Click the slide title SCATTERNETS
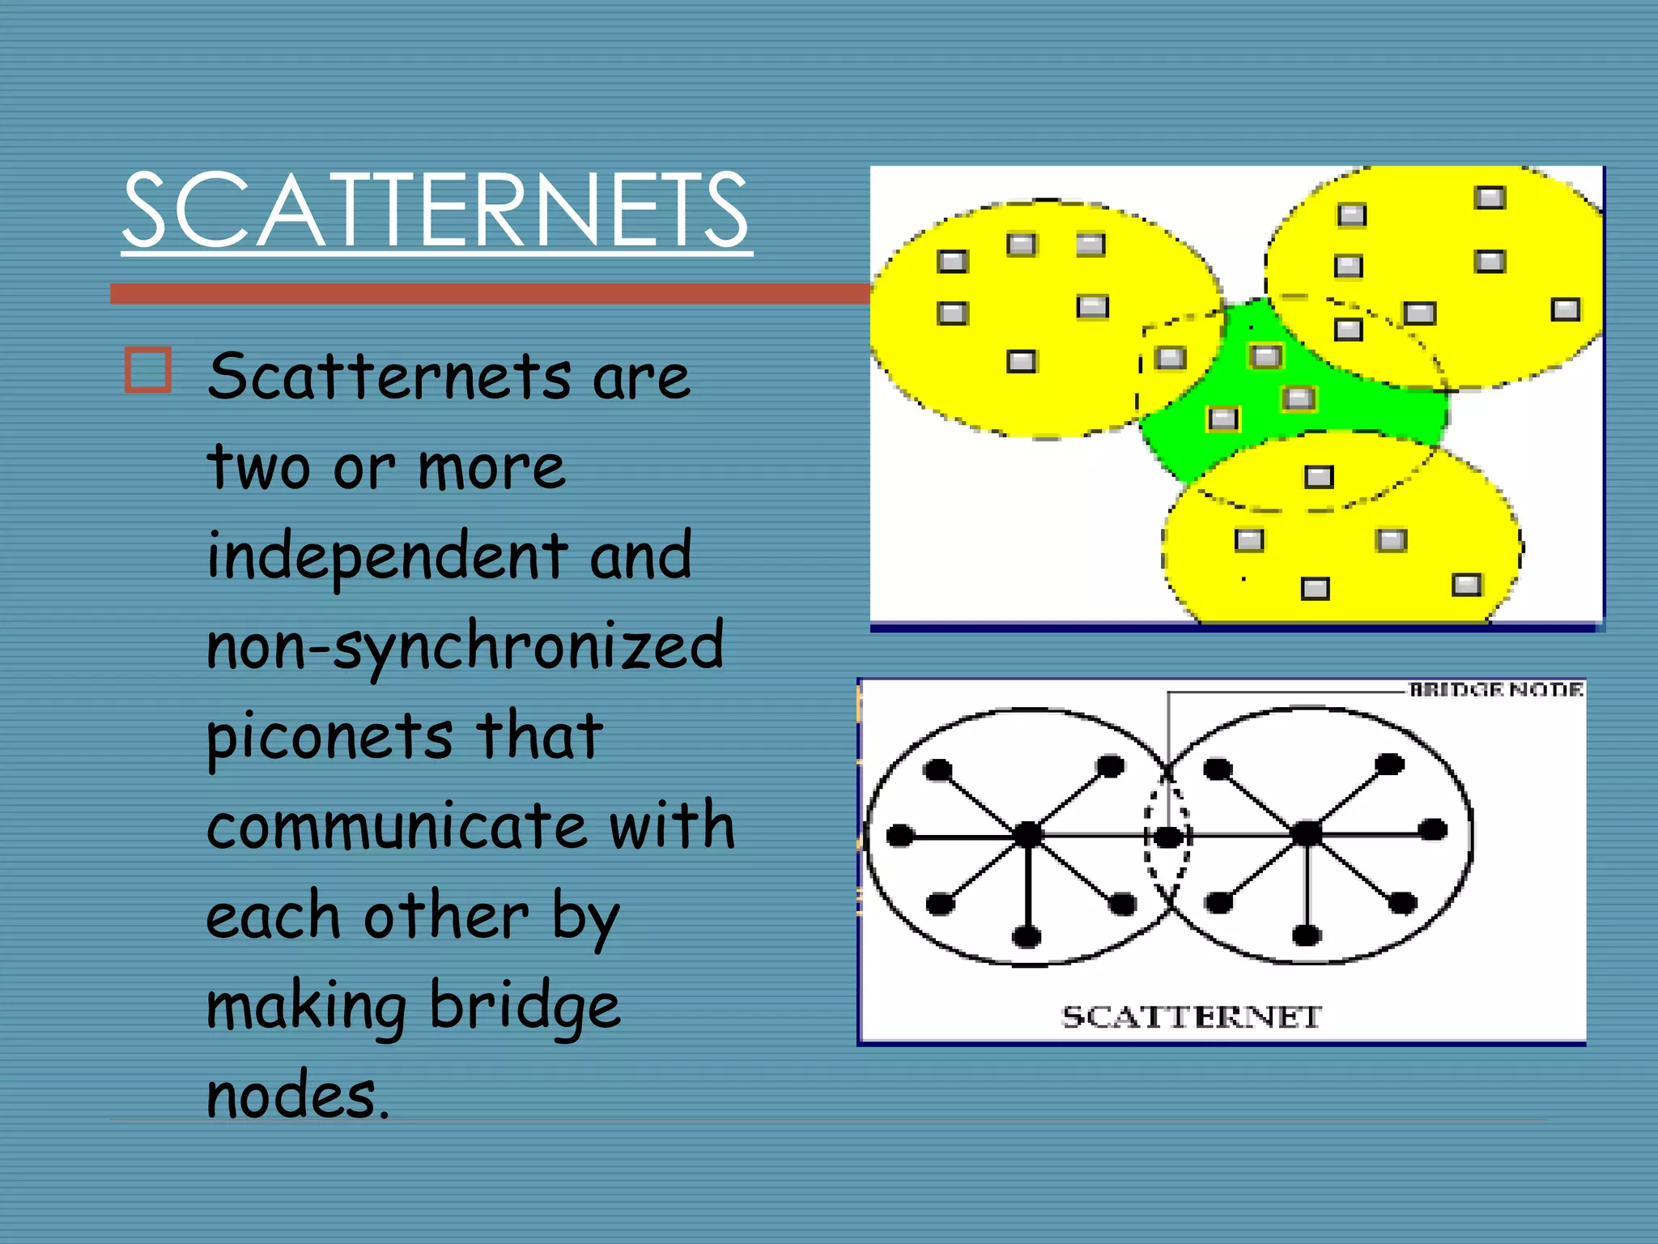pos(436,210)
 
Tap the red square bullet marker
pos(148,370)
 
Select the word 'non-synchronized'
pos(465,646)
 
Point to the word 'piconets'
pos(329,735)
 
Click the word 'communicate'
pos(396,825)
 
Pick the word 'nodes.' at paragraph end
pos(298,1095)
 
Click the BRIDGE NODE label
pos(1496,689)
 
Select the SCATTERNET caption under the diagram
pos(1191,1016)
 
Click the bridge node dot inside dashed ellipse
pos(1167,837)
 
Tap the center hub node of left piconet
pos(1028,833)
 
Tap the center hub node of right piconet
pos(1307,833)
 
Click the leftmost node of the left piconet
pos(900,835)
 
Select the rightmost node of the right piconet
pos(1433,829)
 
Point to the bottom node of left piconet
pos(1027,937)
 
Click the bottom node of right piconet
pos(1306,936)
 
